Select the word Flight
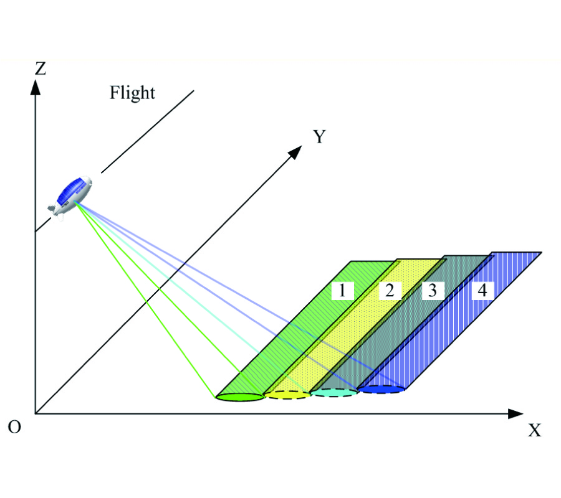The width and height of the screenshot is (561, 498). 132,93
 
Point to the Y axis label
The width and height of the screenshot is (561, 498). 319,137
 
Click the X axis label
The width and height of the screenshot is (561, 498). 534,430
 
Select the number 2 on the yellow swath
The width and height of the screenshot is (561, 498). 389,290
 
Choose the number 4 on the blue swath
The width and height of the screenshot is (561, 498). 482,290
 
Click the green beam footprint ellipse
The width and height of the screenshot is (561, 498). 241,397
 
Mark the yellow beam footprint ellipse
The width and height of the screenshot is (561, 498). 287,395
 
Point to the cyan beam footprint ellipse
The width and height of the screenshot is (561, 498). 335,392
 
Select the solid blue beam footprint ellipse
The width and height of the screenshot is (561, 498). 381,390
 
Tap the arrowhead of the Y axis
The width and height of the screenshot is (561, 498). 295,151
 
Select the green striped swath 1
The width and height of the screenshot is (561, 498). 293,336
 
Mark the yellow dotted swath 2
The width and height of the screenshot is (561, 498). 349,336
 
